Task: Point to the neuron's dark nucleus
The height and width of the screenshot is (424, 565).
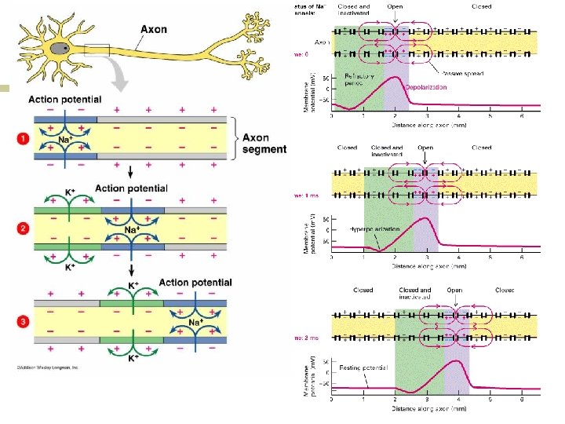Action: pyautogui.click(x=59, y=49)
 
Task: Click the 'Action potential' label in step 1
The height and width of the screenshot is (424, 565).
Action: pyautogui.click(x=64, y=100)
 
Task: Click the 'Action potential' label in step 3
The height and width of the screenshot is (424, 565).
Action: pyautogui.click(x=195, y=283)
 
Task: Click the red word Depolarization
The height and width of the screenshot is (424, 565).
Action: pyautogui.click(x=426, y=87)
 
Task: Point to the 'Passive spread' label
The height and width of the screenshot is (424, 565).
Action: pyautogui.click(x=462, y=72)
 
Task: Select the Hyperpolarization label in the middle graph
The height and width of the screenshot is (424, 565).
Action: pyautogui.click(x=372, y=230)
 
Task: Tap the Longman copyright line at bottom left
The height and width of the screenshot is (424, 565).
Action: pyautogui.click(x=46, y=367)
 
